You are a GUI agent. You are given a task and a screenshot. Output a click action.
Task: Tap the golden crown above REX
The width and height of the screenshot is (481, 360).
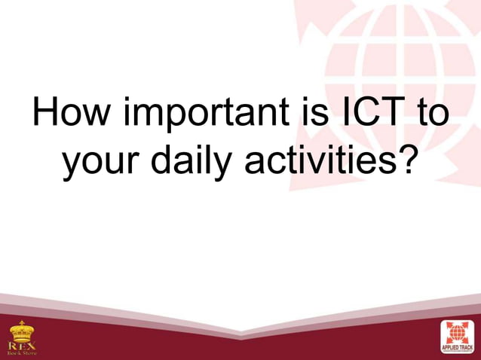click(22, 330)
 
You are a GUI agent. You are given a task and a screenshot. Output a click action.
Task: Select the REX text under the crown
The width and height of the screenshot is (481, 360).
click(22, 343)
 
